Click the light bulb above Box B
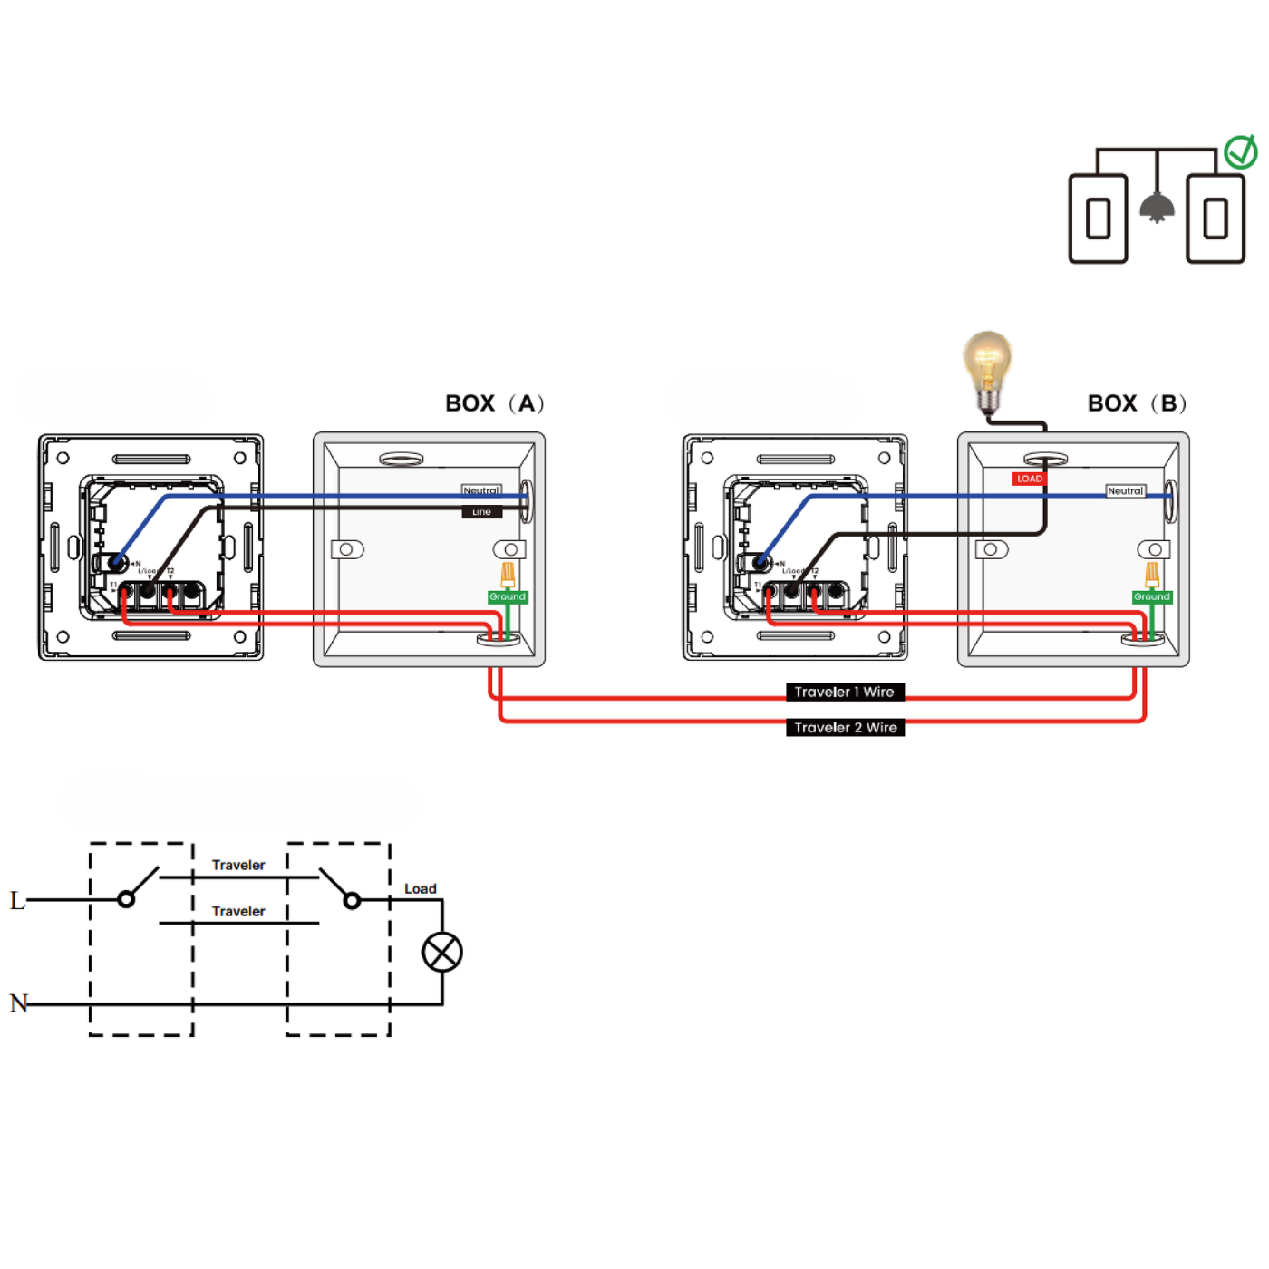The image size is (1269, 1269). (987, 367)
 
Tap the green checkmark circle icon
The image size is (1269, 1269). (1240, 152)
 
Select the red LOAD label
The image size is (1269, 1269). (1029, 479)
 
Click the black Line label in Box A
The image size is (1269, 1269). (481, 512)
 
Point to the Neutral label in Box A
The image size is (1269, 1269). (480, 490)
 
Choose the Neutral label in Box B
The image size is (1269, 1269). (1125, 490)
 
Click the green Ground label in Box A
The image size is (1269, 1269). (508, 596)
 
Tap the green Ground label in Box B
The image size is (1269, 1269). (1151, 596)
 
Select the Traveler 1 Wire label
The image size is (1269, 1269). (845, 692)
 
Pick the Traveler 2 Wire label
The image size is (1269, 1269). (845, 727)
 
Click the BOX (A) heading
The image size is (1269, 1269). (494, 403)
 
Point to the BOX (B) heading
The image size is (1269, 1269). (1137, 403)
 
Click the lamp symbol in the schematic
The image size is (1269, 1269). (442, 952)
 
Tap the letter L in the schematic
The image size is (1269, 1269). (17, 900)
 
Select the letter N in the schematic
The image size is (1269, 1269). (18, 1003)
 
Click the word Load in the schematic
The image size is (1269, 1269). (420, 888)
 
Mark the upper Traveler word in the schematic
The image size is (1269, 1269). (238, 865)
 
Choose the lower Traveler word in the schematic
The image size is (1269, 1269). (238, 911)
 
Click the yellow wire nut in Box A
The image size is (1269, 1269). (508, 573)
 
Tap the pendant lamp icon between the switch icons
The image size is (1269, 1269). (1157, 208)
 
